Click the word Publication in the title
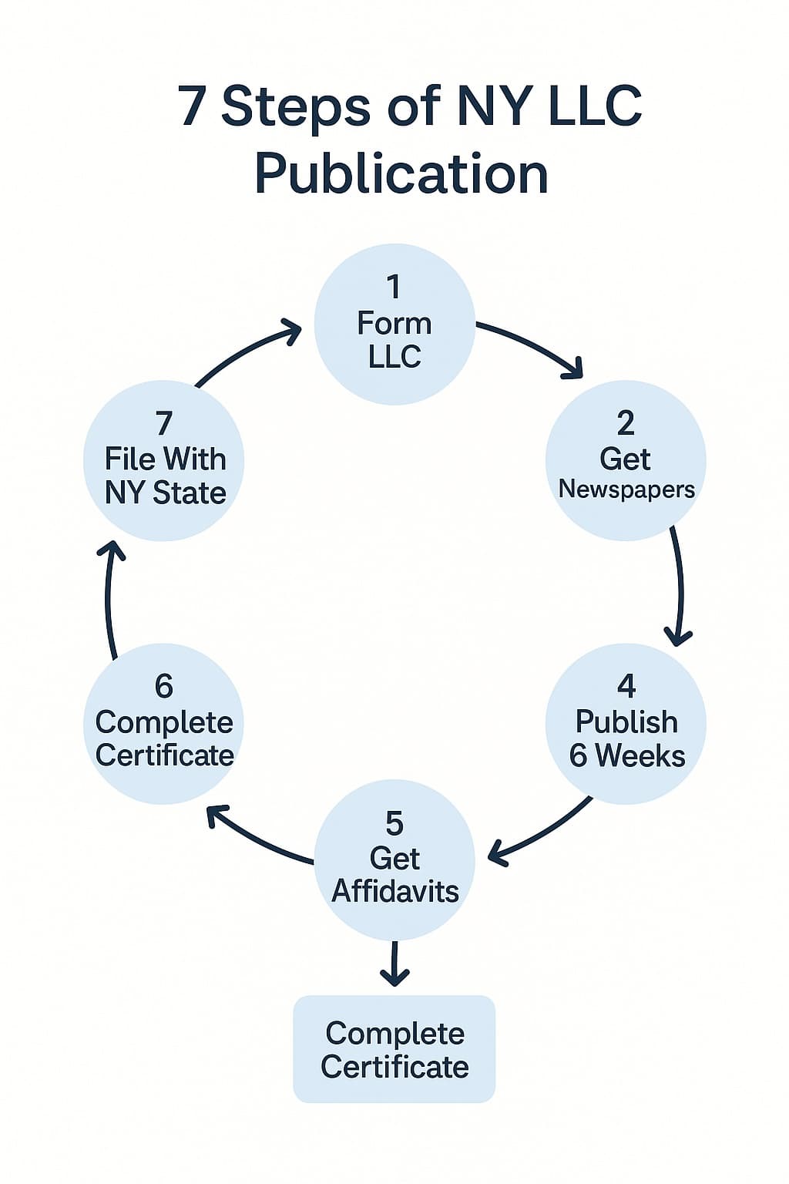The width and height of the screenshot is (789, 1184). click(x=401, y=174)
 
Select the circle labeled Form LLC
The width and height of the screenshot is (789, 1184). click(x=394, y=324)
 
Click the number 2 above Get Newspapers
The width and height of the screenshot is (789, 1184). click(x=626, y=423)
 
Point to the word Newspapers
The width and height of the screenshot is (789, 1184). click(x=626, y=489)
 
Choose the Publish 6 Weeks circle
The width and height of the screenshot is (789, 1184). click(x=626, y=723)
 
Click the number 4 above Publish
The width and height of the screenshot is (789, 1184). click(x=626, y=686)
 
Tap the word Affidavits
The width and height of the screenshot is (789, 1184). click(x=395, y=891)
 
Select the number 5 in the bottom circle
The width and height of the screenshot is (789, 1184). click(x=394, y=824)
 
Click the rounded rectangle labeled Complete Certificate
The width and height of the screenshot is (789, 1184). click(x=394, y=1049)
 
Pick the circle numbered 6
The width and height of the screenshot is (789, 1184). click(x=164, y=723)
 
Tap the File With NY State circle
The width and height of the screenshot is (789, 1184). click(x=164, y=460)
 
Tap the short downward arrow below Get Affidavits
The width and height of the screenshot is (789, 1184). click(x=394, y=964)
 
